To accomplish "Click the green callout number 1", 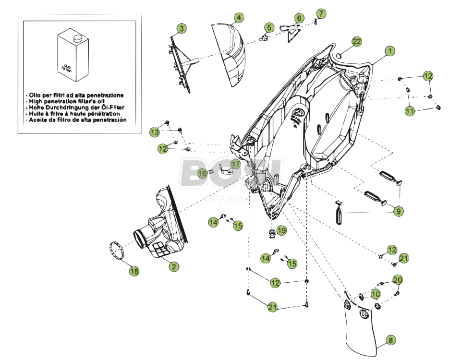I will tap(389, 50).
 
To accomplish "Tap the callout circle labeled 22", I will tap(356, 42).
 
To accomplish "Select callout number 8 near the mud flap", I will tap(390, 340).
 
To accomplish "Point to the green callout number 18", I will tap(134, 271).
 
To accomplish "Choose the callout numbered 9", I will tap(398, 211).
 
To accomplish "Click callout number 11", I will tap(409, 111).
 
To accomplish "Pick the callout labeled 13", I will tap(154, 132).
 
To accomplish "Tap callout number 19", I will tap(281, 231).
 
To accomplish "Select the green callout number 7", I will tap(321, 13).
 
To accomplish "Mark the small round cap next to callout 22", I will tap(340, 55).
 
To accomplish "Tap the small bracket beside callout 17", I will tap(224, 168).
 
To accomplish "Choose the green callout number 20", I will tap(398, 280).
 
